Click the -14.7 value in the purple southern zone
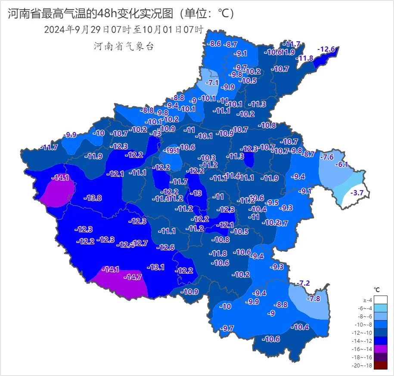(x=133, y=277)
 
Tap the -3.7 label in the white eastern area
(x=357, y=193)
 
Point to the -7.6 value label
(x=327, y=157)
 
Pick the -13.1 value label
(x=155, y=267)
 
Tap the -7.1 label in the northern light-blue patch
(x=213, y=82)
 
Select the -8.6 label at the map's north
(x=214, y=43)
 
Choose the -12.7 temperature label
(x=140, y=243)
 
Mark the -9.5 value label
(x=272, y=203)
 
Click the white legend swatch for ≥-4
(x=380, y=300)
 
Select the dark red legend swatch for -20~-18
(x=380, y=365)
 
